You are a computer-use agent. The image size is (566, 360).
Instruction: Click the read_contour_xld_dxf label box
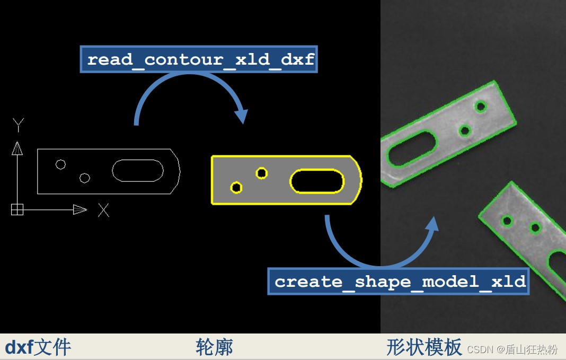(199, 59)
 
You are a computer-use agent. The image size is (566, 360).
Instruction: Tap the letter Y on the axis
(19, 126)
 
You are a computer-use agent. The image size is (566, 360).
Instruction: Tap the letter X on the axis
(103, 210)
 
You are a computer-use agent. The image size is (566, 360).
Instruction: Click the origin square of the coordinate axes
(17, 210)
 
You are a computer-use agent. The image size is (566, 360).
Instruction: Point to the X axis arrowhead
(80, 210)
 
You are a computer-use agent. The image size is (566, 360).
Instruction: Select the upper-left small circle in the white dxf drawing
(61, 164)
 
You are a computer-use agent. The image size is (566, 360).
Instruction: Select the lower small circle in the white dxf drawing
(85, 178)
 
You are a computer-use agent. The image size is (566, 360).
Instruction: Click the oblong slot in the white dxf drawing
(138, 170)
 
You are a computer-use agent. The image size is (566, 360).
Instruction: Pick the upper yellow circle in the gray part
(261, 173)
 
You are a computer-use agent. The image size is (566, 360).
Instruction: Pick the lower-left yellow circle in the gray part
(236, 187)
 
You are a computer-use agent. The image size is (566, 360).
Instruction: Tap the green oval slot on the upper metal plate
(412, 149)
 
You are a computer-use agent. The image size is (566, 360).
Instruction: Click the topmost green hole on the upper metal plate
(481, 107)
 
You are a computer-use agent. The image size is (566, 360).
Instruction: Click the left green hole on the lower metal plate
(507, 220)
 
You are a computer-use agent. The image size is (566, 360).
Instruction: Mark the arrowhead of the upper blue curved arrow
(242, 116)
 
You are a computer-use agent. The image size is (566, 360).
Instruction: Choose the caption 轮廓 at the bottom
(214, 348)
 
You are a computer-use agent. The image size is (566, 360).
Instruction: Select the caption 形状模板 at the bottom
(424, 348)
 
